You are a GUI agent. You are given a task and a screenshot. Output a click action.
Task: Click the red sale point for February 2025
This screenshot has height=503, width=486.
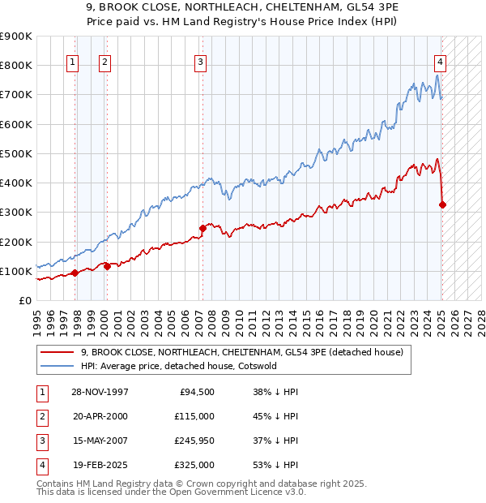point(442,204)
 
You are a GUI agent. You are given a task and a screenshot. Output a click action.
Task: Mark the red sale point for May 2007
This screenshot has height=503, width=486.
point(202,228)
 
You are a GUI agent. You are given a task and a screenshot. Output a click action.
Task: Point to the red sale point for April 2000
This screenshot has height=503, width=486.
point(107,266)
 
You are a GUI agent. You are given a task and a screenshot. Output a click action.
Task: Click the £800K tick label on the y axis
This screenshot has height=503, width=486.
point(16,65)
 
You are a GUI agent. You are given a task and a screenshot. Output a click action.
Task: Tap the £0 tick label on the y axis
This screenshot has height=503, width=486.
point(24,300)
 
